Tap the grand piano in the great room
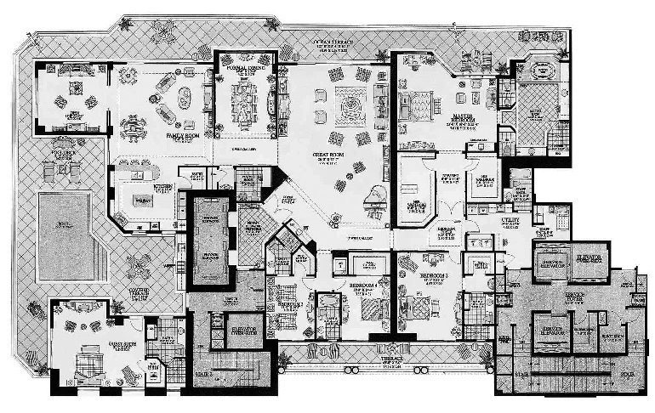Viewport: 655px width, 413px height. pyautogui.click(x=372, y=201)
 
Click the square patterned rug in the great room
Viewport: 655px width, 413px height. pyautogui.click(x=348, y=105)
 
